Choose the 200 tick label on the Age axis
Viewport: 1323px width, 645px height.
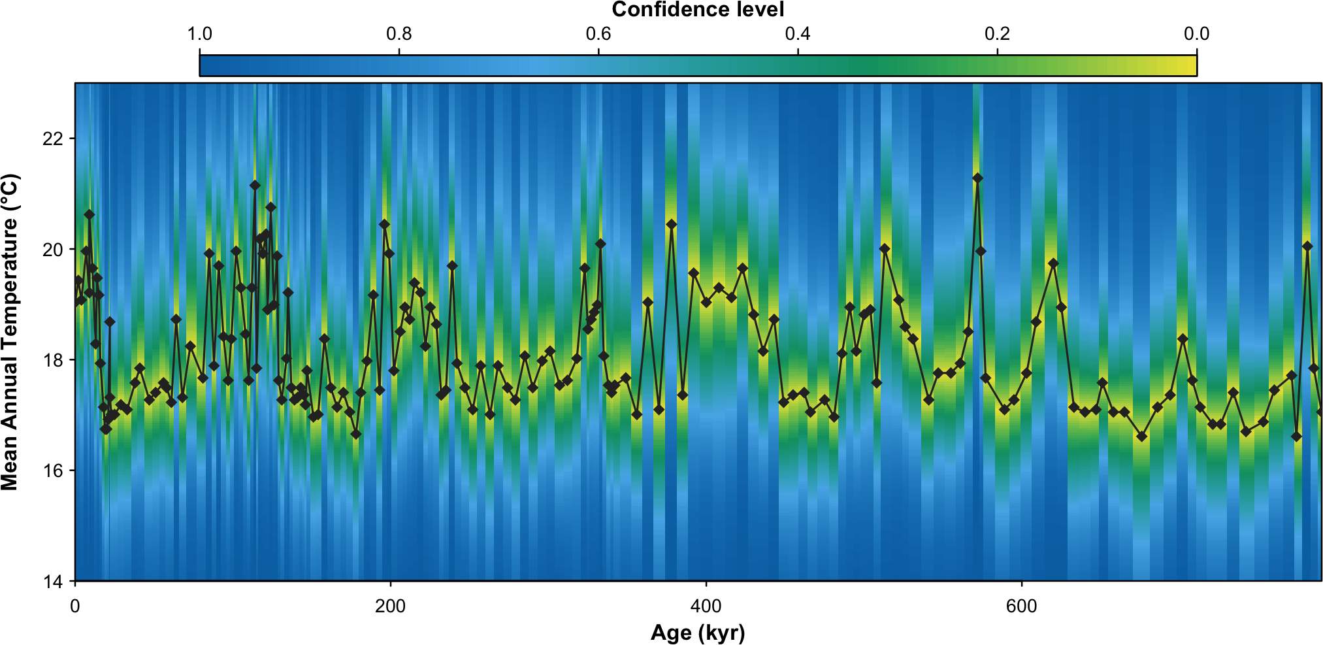click(x=390, y=606)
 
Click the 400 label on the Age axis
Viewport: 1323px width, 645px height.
click(x=706, y=606)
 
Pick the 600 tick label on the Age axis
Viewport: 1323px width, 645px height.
click(x=1022, y=606)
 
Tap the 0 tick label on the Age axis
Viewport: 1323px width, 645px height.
click(x=75, y=606)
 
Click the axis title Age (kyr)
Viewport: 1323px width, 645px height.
click(x=698, y=633)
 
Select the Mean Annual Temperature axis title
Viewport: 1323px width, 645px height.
click(x=10, y=332)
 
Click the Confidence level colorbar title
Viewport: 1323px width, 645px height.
click(x=698, y=10)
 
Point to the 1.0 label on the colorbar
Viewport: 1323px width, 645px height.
click(x=200, y=34)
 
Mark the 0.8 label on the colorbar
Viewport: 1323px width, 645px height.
click(x=399, y=34)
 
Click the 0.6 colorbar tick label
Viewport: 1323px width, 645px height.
click(x=598, y=34)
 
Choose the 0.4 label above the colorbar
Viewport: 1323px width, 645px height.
click(x=798, y=34)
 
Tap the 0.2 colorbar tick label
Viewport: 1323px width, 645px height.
click(x=997, y=34)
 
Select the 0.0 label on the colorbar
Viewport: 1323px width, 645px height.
click(x=1196, y=34)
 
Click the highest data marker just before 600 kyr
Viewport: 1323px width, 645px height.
click(x=977, y=178)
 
